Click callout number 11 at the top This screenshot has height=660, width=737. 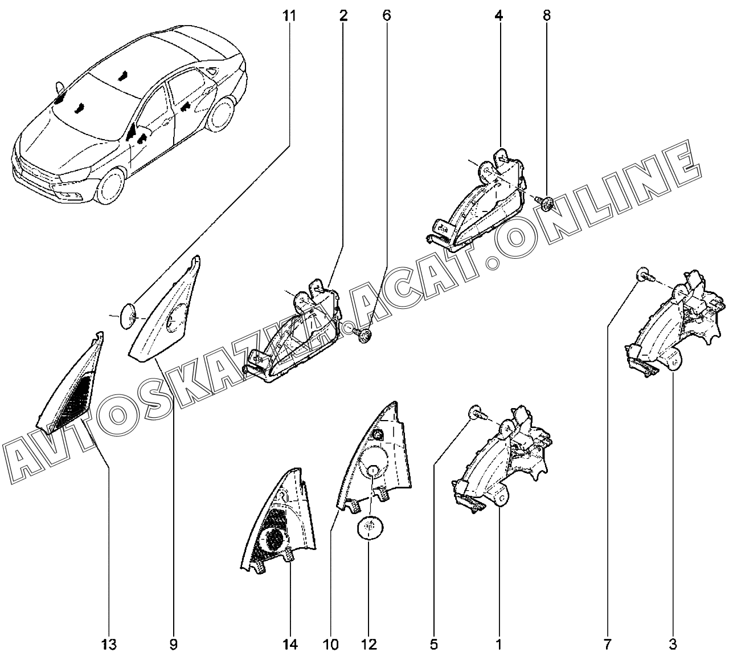(x=290, y=15)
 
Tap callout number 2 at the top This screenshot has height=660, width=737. (x=343, y=15)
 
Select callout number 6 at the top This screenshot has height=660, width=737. (x=387, y=15)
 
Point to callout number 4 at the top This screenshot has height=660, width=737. (x=499, y=15)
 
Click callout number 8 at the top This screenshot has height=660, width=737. (x=547, y=15)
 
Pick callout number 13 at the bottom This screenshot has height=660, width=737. (x=109, y=645)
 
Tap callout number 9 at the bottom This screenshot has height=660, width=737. (x=173, y=645)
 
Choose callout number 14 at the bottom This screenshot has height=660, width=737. (x=290, y=645)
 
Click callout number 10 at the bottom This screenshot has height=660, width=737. (x=330, y=645)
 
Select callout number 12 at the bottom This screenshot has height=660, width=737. (x=369, y=645)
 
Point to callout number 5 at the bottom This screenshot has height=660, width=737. (x=433, y=645)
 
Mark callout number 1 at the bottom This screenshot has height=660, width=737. (x=499, y=645)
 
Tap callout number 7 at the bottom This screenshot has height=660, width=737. (x=607, y=645)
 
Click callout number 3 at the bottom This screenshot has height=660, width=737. (x=673, y=645)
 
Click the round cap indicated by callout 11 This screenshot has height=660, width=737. (x=129, y=315)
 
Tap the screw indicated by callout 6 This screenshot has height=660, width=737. (x=363, y=336)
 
